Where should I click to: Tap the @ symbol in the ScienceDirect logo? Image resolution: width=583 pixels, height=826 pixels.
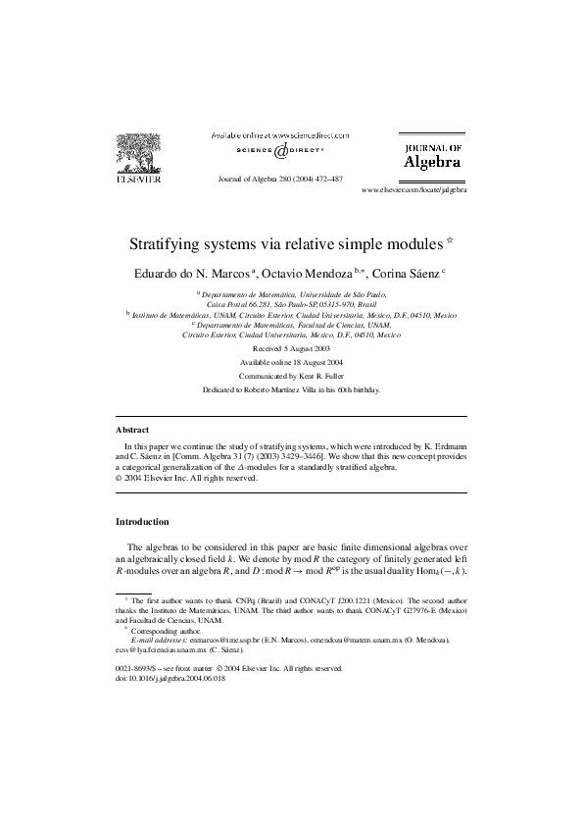280,152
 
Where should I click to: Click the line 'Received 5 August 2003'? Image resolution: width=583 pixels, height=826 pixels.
291,348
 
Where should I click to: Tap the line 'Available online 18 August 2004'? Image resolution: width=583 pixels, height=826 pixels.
291,362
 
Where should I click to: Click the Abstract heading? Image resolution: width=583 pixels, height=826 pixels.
132,430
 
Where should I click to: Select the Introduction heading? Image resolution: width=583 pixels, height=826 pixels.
143,521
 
